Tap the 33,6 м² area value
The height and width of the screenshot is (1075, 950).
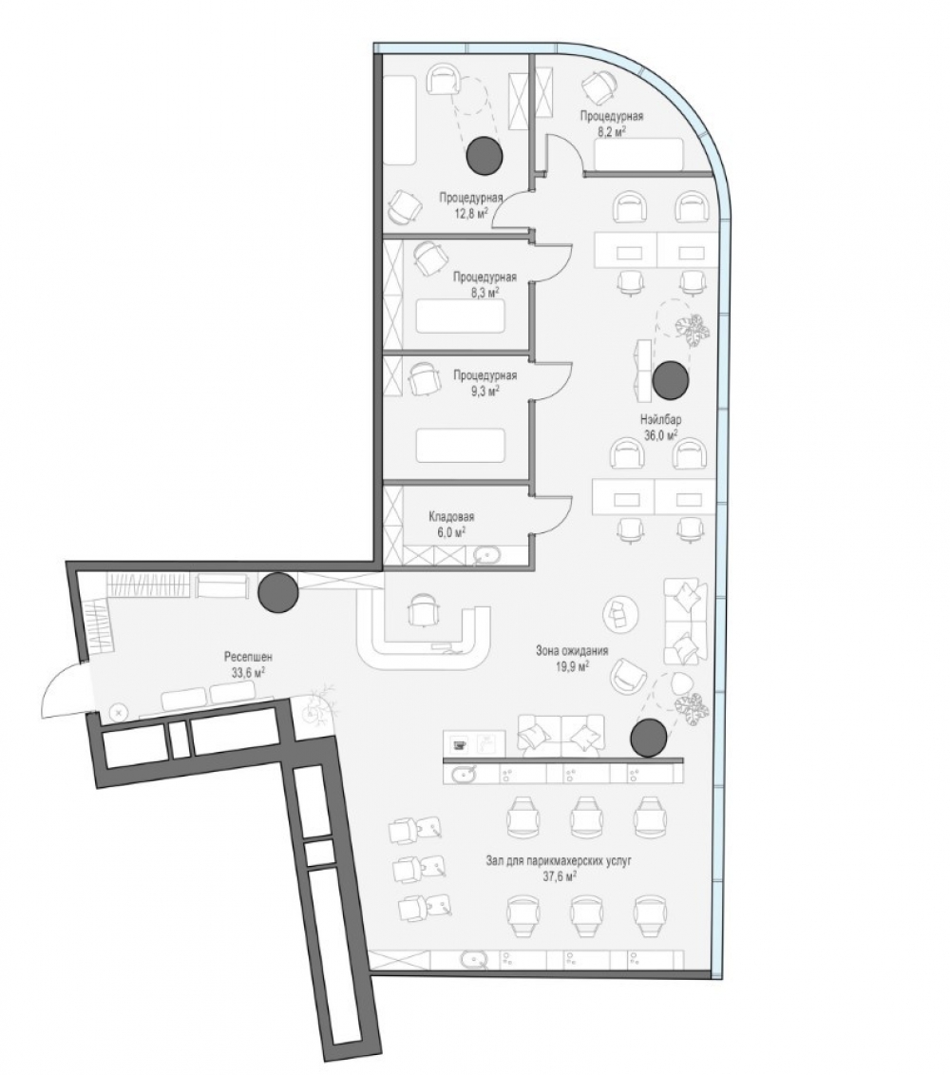pyautogui.click(x=247, y=673)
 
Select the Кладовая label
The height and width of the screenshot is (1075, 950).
pyautogui.click(x=451, y=517)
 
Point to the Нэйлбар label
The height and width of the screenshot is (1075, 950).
pyautogui.click(x=661, y=419)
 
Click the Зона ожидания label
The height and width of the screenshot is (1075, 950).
pyautogui.click(x=572, y=651)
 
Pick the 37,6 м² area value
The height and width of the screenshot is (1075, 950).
pyautogui.click(x=558, y=874)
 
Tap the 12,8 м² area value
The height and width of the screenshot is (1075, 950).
pyautogui.click(x=471, y=213)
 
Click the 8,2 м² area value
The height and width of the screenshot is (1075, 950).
pyautogui.click(x=612, y=131)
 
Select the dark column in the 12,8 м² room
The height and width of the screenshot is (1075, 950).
pyautogui.click(x=484, y=155)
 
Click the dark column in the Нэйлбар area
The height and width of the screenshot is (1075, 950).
pyautogui.click(x=671, y=380)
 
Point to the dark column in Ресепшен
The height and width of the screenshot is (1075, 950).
pyautogui.click(x=278, y=592)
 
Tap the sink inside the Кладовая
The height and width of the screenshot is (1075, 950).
pyautogui.click(x=487, y=555)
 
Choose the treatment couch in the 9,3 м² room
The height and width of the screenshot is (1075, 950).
pyautogui.click(x=460, y=445)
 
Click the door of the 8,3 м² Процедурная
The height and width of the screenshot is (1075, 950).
pyautogui.click(x=553, y=259)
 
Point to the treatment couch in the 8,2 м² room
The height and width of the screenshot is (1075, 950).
pyautogui.click(x=638, y=154)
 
